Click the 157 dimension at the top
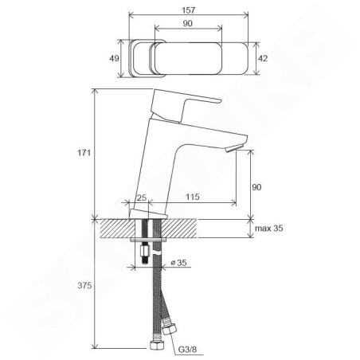188,10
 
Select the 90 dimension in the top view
187,23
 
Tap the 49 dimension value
114,58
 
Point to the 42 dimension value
263,58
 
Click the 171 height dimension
84,153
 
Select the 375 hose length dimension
84,285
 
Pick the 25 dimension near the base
142,198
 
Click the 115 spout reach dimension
193,197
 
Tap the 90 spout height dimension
256,187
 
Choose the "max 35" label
269,228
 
